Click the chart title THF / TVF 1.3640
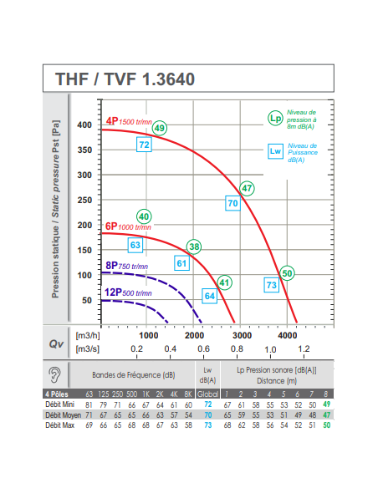125,79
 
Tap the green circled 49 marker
160,128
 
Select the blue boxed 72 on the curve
144,145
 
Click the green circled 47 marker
247,188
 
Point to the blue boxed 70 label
232,203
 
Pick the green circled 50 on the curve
287,273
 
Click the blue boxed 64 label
210,296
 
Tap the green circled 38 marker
194,247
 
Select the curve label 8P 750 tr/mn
127,266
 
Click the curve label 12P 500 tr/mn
128,292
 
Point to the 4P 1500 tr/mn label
129,121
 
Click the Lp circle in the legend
275,119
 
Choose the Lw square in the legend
275,151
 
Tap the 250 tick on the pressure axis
84,200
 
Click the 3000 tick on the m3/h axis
242,336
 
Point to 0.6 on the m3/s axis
203,349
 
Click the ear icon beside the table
55,374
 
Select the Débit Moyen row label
64,415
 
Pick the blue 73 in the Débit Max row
208,425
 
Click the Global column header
207,394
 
